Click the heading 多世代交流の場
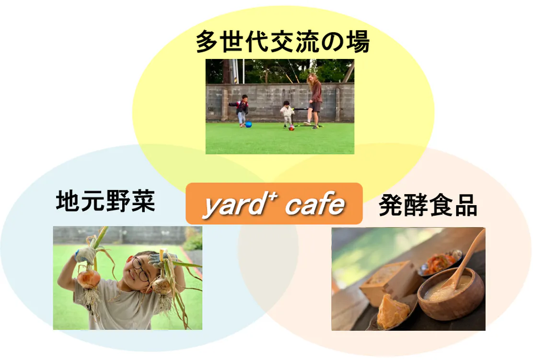click(283, 42)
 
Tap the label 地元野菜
click(105, 201)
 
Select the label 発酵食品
click(428, 205)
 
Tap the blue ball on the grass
click(248, 125)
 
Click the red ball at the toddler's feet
click(291, 128)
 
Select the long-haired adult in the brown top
click(315, 101)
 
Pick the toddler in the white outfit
click(287, 114)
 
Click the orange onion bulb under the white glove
click(89, 278)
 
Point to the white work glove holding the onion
click(85, 255)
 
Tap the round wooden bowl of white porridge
click(451, 294)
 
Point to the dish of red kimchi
click(440, 262)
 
